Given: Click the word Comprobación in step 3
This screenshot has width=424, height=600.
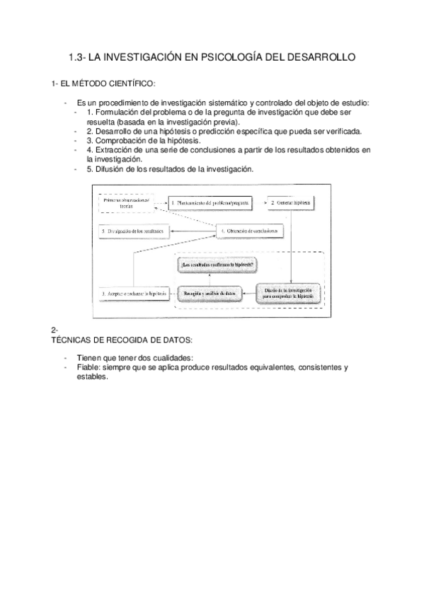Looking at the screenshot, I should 125,140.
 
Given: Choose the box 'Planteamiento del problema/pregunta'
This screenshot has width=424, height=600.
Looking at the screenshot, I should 210,203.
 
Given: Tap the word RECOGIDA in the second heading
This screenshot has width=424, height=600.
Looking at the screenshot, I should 121,340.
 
